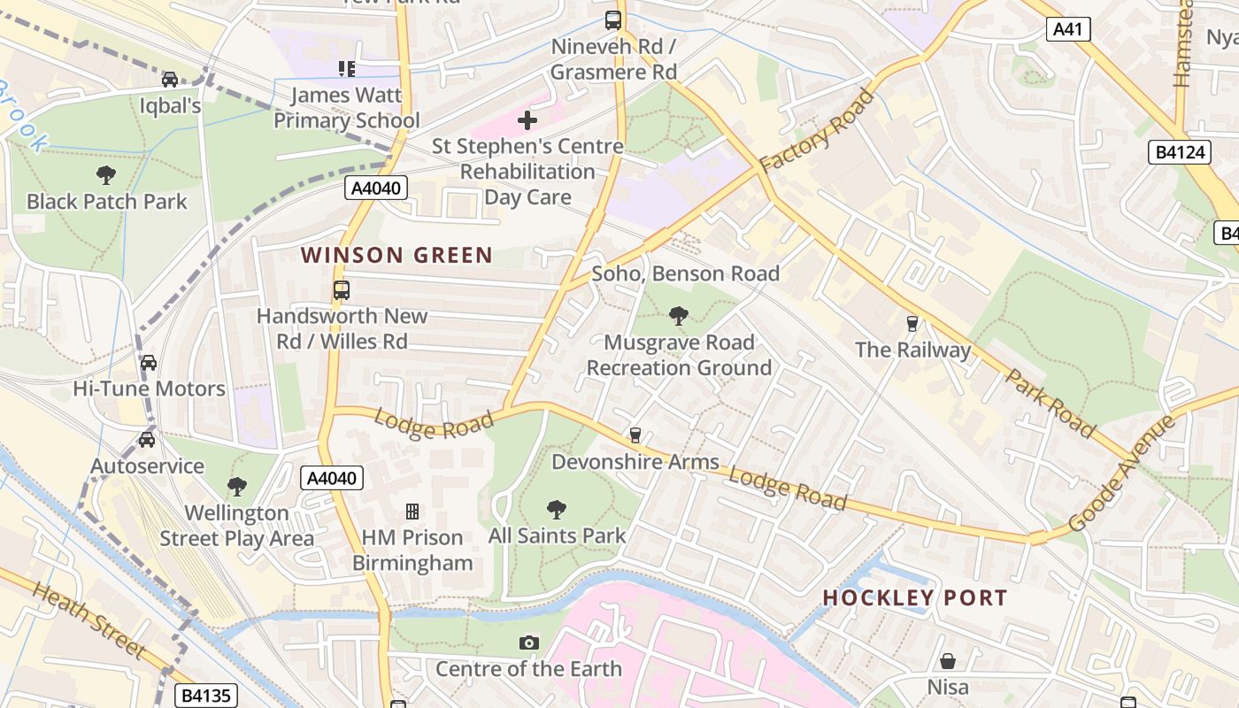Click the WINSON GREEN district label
pyautogui.click(x=396, y=256)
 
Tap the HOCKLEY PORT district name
pyautogui.click(x=915, y=598)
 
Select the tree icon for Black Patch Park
pyautogui.click(x=106, y=174)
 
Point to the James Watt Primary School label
pyautogui.click(x=346, y=107)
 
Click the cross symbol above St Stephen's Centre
pyautogui.click(x=527, y=119)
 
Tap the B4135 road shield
pyautogui.click(x=206, y=696)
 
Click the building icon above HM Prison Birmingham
pyautogui.click(x=412, y=511)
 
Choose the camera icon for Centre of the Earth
pyautogui.click(x=528, y=643)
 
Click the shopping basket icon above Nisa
pyautogui.click(x=947, y=661)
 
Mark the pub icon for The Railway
pyautogui.click(x=912, y=323)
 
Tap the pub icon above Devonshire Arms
pyautogui.click(x=635, y=435)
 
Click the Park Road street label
pyautogui.click(x=1050, y=403)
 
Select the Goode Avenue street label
pyautogui.click(x=1122, y=473)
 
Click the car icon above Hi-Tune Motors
pyautogui.click(x=149, y=362)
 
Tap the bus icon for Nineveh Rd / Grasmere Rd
pyautogui.click(x=613, y=19)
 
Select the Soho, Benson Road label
pyautogui.click(x=685, y=273)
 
